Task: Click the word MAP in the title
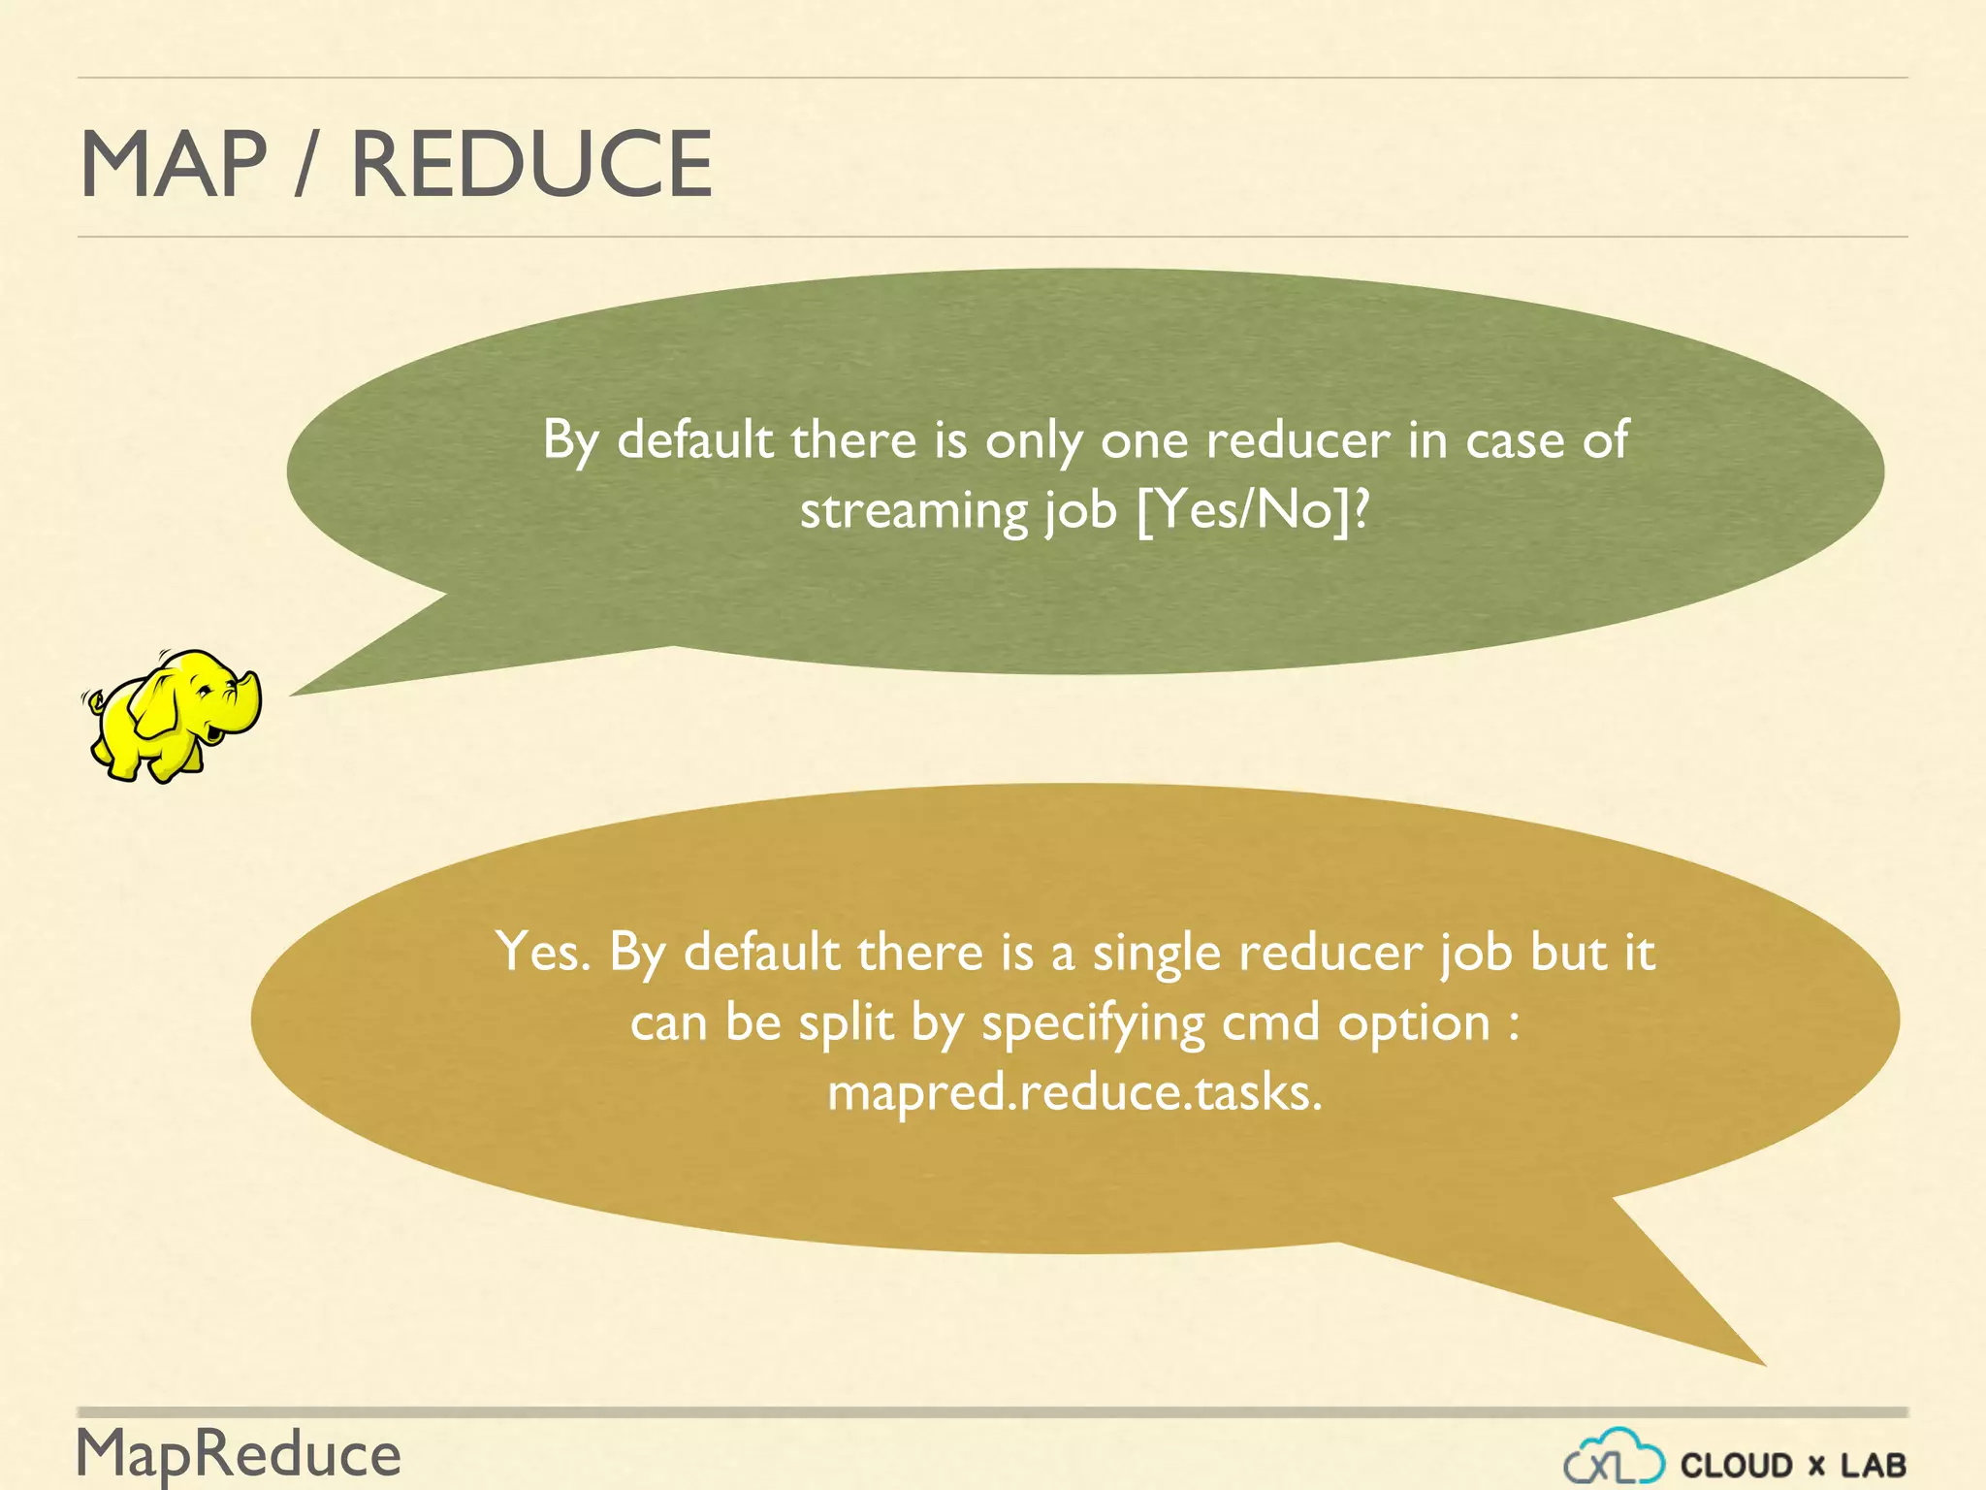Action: tap(173, 165)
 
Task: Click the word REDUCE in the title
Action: tap(530, 165)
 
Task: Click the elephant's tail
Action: tap(93, 697)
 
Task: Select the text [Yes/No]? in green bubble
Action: tap(1253, 510)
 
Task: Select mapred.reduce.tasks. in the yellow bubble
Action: tap(1074, 1093)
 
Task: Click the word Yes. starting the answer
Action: tap(542, 952)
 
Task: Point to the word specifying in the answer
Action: tap(1092, 1024)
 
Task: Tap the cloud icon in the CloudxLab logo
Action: tap(1614, 1458)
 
